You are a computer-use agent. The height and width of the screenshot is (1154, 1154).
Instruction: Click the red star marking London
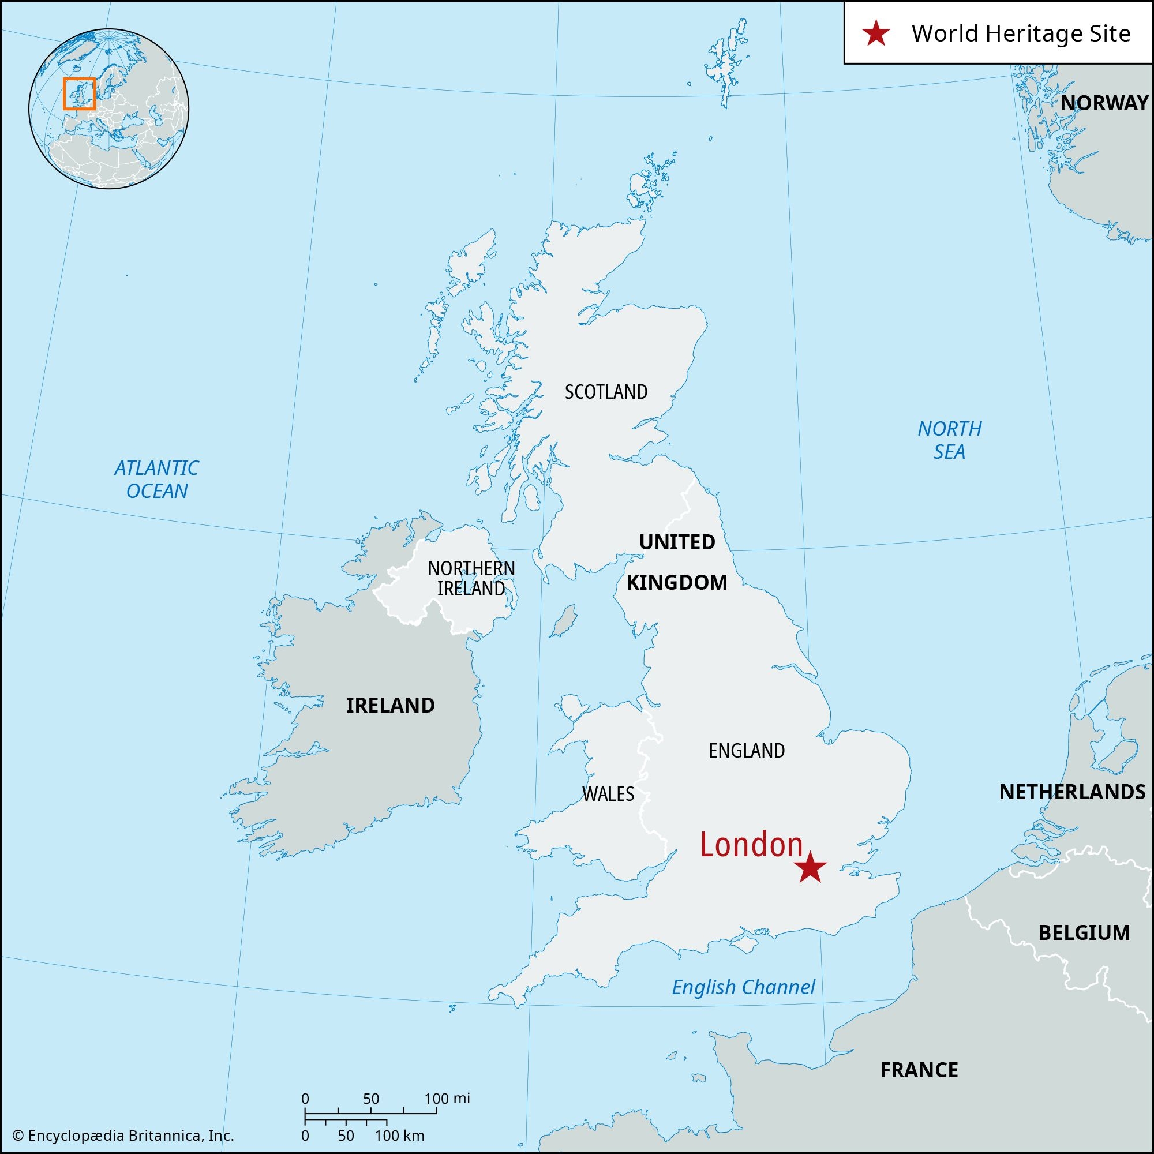[x=810, y=867]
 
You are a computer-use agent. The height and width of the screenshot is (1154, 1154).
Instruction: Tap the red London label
[x=751, y=845]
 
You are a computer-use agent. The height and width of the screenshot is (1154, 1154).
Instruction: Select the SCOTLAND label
[x=606, y=392]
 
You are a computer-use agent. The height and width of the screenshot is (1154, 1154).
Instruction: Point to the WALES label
[x=608, y=794]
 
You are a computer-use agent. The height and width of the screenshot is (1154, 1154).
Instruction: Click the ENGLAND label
[x=747, y=751]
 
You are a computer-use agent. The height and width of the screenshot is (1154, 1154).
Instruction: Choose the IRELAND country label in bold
[x=390, y=706]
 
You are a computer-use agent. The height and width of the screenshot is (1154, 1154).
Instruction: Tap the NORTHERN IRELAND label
[x=471, y=578]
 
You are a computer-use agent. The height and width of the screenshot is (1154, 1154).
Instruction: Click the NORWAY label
[x=1104, y=103]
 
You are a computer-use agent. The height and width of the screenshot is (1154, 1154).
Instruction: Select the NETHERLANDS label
[x=1072, y=792]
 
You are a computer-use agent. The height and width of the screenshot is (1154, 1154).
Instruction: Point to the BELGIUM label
[x=1084, y=932]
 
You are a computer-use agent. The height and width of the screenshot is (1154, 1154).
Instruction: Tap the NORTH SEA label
[x=949, y=440]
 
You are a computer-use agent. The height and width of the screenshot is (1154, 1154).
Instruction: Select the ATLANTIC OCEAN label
[x=156, y=479]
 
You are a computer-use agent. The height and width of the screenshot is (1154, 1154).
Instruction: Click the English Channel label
[x=743, y=987]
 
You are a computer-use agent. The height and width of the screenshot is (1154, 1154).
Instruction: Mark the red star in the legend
[x=876, y=33]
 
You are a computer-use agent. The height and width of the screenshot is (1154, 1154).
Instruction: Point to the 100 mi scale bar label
[x=447, y=1098]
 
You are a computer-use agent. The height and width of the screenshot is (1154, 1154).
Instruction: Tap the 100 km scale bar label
[x=400, y=1136]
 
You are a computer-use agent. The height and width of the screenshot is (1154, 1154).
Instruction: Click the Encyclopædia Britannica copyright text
[x=123, y=1136]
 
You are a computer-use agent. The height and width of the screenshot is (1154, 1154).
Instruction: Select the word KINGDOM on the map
[x=677, y=582]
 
